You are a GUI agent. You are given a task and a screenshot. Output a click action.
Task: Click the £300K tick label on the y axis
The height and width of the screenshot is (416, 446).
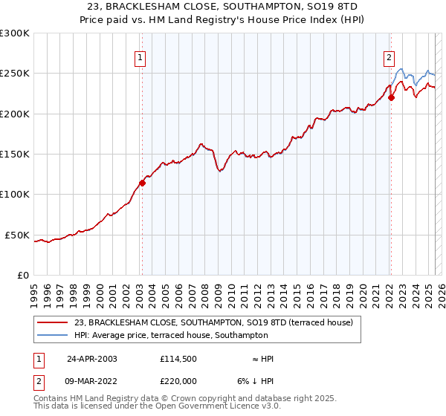15,33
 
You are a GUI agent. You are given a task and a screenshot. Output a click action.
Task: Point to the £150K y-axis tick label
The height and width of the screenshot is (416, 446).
15,155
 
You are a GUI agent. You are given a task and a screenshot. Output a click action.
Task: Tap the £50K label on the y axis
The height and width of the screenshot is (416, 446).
18,235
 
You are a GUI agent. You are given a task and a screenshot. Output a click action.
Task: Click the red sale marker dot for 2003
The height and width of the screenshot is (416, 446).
142,183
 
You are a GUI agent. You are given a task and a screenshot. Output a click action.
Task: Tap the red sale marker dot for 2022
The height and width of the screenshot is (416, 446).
391,97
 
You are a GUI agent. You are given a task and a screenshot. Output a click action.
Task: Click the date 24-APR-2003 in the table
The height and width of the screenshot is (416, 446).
92,358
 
